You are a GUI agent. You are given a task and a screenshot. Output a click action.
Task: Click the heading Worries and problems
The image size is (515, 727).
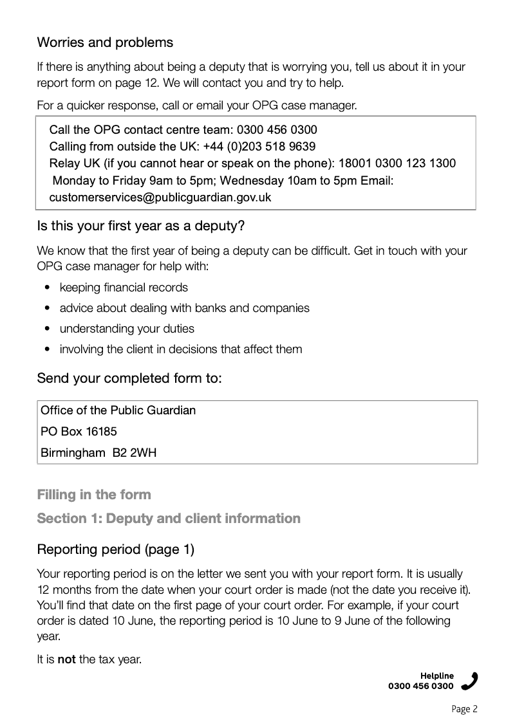coord(105,43)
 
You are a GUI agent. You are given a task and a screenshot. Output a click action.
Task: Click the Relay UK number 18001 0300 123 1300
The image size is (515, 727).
coord(397,163)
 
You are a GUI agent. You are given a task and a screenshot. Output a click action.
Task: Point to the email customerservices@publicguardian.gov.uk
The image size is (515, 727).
coord(160,198)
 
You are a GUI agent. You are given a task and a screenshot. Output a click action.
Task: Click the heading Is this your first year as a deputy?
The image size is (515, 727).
coord(141,227)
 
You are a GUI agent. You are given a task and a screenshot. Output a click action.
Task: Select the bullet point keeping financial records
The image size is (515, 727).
coord(124,288)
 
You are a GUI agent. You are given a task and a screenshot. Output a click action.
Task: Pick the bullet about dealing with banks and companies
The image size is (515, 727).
coord(184,308)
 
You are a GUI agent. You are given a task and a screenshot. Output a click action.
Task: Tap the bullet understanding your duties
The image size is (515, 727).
coord(127,329)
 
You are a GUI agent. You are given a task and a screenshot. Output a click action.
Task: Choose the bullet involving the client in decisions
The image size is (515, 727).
coord(180,349)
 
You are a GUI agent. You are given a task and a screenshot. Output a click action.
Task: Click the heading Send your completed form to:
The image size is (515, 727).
coord(129,378)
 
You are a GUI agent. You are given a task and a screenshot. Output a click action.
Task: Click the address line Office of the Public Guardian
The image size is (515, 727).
coord(118,410)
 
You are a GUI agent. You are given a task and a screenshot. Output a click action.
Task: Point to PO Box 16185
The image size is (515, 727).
coord(79,432)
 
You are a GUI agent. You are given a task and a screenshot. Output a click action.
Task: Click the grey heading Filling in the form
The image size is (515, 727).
coord(94,495)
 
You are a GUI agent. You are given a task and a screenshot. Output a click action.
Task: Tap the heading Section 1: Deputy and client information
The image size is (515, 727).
coord(169,519)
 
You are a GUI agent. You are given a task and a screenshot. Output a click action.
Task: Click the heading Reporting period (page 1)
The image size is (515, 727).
coord(116,550)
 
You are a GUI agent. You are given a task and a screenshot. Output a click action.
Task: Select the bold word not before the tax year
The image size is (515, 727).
coord(67,659)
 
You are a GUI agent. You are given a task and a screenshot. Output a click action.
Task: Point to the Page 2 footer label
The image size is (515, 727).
coord(465,710)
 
